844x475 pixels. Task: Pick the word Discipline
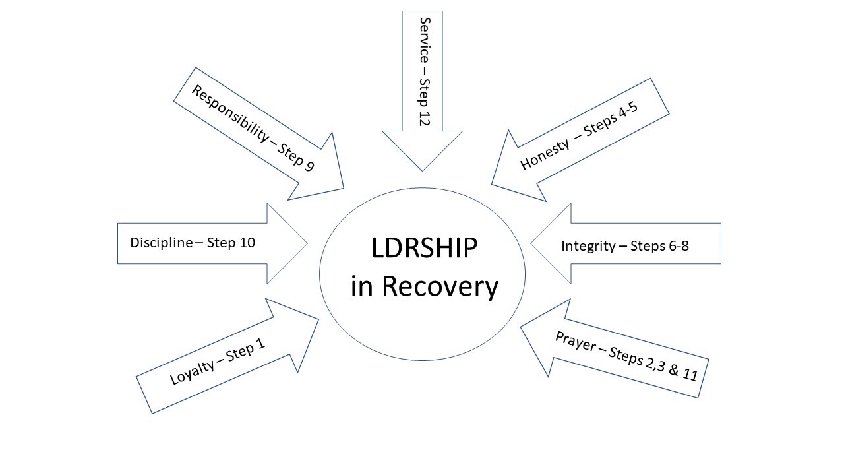click(162, 243)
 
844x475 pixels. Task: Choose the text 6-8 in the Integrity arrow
click(675, 246)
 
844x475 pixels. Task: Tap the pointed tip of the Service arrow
click(422, 170)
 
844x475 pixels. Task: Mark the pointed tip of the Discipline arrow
click(307, 243)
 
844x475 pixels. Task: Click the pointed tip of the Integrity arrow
click(531, 244)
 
